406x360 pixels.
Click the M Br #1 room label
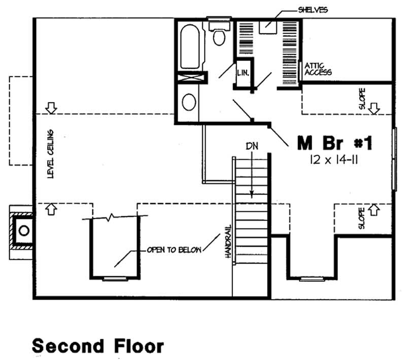(335, 144)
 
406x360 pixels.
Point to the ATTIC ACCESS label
(318, 69)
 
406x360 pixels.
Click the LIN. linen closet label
(243, 73)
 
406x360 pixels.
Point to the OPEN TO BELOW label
(174, 250)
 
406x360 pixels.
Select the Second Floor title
(98, 346)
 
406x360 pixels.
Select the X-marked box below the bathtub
(192, 78)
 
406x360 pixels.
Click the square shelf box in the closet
(267, 27)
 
